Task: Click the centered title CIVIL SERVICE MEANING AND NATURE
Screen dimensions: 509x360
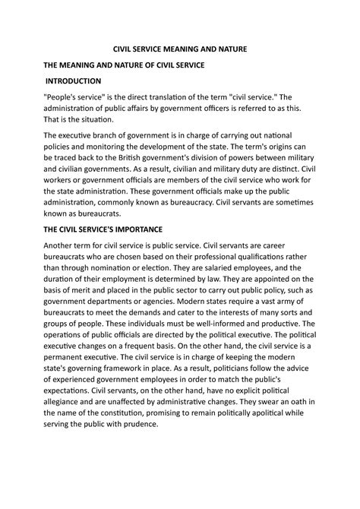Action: [180, 49]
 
